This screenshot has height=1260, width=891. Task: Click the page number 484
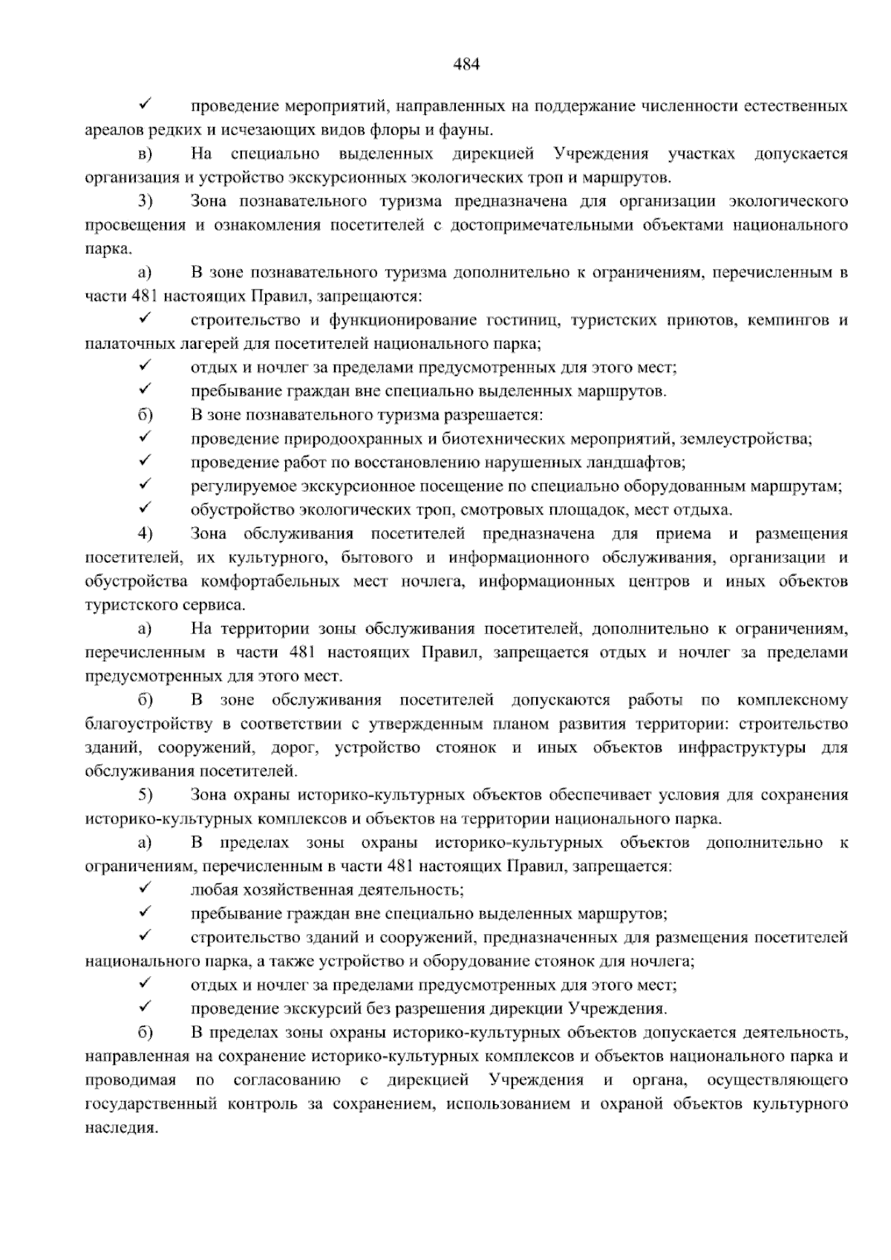click(x=466, y=64)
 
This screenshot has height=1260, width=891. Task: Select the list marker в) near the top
click(x=144, y=154)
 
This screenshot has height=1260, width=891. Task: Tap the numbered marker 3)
click(x=145, y=202)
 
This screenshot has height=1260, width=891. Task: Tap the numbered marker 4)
click(x=145, y=534)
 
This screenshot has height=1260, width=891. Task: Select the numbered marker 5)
click(x=145, y=795)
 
